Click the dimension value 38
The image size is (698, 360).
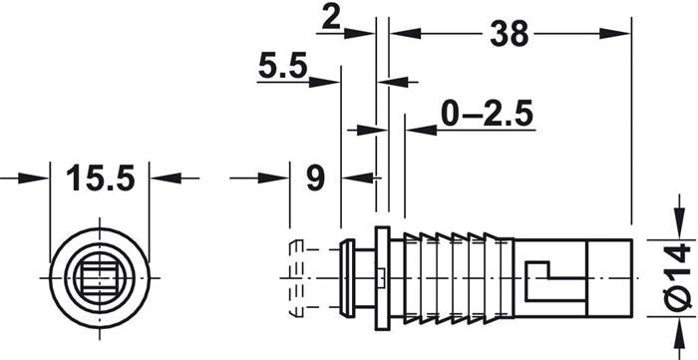(x=510, y=34)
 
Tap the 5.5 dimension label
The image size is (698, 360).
(x=282, y=67)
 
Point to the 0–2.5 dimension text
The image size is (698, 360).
(x=487, y=114)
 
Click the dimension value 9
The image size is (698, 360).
(x=316, y=179)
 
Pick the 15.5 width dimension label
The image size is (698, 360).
(x=100, y=179)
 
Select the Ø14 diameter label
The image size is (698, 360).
(x=679, y=277)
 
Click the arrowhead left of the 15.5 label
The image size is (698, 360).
(x=33, y=179)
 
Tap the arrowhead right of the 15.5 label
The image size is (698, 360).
(x=167, y=179)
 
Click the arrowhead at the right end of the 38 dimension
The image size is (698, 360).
(x=615, y=33)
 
